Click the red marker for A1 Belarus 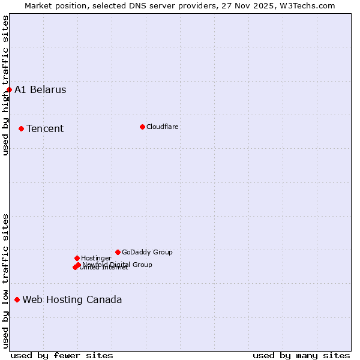9,90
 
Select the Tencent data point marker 21,128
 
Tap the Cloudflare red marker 142,127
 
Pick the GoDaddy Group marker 118,252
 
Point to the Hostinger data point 77,258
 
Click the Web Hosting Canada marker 17,299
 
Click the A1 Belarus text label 40,90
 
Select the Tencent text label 45,128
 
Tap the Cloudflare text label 163,127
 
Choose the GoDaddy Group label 147,252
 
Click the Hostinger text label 96,258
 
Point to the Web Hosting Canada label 72,299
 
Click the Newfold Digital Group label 118,264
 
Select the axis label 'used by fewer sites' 62,355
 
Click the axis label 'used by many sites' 301,355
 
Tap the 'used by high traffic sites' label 5,85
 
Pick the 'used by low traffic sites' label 5,281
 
